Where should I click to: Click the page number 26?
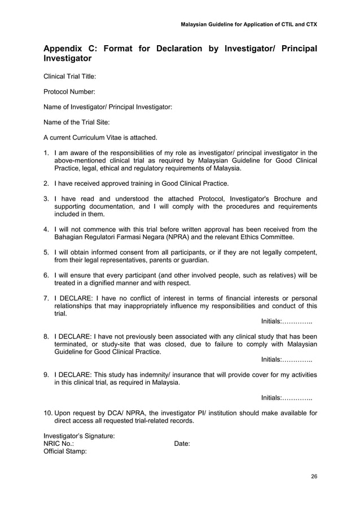(x=314, y=477)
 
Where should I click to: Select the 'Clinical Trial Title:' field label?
(x=69, y=76)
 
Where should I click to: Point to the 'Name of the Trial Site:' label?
(x=77, y=121)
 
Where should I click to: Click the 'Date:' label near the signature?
(x=182, y=444)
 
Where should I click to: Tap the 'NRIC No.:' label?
(x=59, y=444)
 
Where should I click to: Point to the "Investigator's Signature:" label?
(x=80, y=436)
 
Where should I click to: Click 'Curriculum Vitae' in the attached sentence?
(x=104, y=137)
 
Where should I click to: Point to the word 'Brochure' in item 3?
(x=291, y=199)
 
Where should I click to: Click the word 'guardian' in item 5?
(x=194, y=260)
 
